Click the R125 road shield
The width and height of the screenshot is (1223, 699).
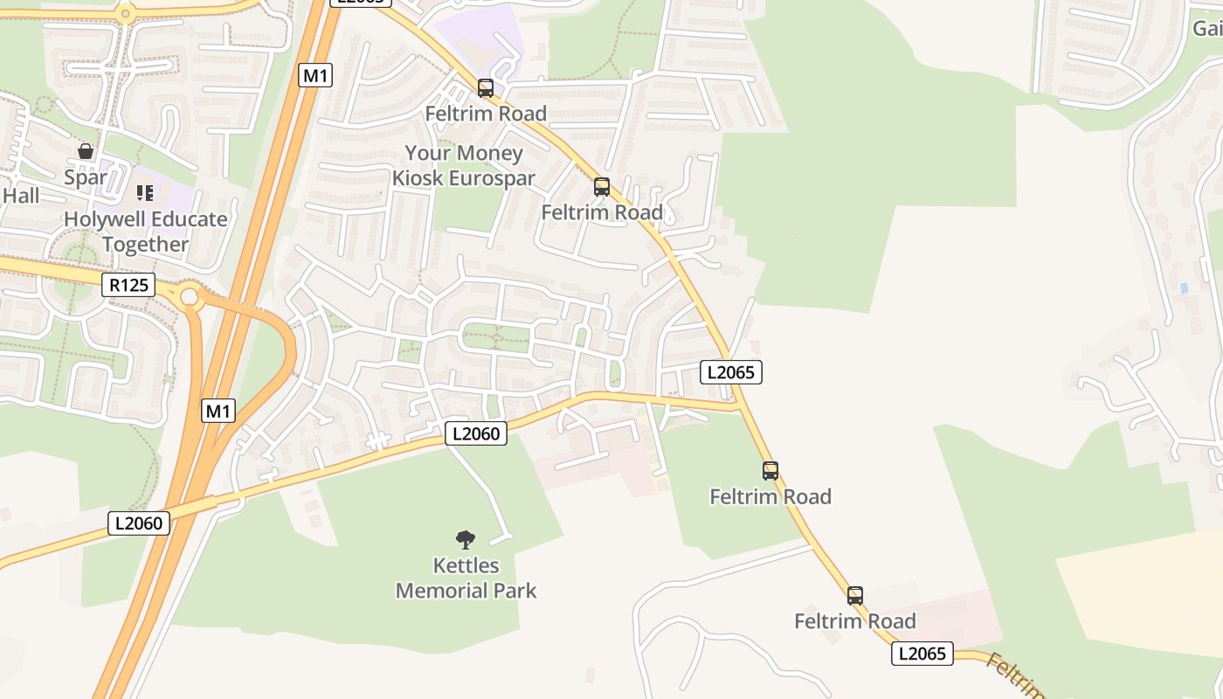coord(128,284)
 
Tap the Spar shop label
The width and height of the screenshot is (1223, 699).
coord(86,177)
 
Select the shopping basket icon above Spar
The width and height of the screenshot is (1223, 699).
coord(86,151)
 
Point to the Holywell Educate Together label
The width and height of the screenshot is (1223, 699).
coord(146,232)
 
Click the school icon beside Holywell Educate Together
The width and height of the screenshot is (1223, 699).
coord(145,192)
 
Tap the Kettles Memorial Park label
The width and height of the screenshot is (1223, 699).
coord(466,578)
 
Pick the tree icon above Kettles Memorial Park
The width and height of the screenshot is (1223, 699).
coord(466,539)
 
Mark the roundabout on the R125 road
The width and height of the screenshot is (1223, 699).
coord(190,299)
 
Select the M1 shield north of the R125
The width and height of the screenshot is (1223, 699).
coord(315,75)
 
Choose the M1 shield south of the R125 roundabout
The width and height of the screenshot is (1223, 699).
coord(218,410)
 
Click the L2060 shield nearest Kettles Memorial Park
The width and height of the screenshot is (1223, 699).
coord(476,433)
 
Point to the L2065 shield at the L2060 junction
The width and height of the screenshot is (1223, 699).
coord(731,372)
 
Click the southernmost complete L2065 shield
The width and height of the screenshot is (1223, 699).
coord(922,653)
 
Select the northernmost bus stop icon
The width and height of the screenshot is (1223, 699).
coord(485,88)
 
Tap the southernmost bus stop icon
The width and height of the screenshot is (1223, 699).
coord(855,596)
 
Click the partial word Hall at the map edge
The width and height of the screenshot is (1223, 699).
coord(20,195)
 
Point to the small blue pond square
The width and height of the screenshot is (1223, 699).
coord(1184,287)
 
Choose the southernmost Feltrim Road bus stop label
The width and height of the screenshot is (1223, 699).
coord(855,621)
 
